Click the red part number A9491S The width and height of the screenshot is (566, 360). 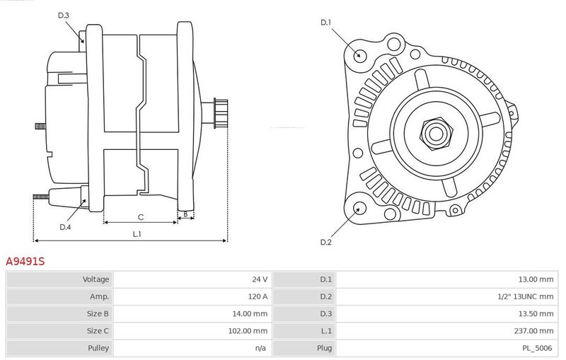click(25, 261)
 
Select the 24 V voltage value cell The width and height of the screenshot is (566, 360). click(260, 279)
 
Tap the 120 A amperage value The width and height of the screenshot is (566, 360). click(258, 296)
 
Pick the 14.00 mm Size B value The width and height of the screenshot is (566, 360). click(250, 314)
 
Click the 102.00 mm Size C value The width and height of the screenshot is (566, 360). click(248, 331)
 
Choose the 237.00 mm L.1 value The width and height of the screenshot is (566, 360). click(533, 331)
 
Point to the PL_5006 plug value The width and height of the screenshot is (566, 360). click(538, 348)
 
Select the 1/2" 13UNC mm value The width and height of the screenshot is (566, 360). click(525, 296)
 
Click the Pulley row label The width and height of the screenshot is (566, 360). click(98, 348)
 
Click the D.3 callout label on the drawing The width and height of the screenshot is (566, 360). click(64, 15)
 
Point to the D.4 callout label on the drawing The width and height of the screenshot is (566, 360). click(65, 227)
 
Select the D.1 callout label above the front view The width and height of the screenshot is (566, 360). click(325, 23)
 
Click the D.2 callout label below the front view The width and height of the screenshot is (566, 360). click(325, 242)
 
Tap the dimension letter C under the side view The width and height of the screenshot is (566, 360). click(141, 217)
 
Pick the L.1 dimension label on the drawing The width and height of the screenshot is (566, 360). click(137, 234)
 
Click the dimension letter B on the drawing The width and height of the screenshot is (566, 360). click(185, 214)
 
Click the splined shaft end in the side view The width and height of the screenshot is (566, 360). click(221, 113)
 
